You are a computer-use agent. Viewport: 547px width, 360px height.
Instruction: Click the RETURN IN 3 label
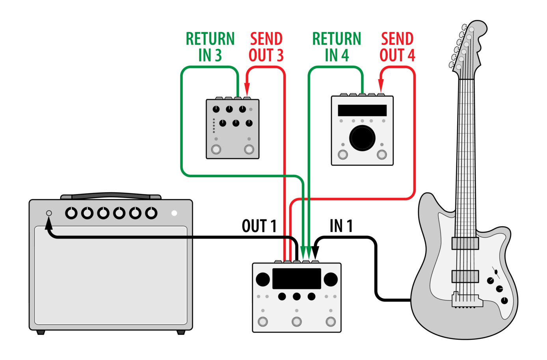210,46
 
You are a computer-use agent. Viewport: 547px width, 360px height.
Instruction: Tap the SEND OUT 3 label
266,46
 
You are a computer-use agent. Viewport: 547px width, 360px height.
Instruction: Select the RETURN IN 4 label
337,46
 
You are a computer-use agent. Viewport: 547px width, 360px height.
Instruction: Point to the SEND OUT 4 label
397,46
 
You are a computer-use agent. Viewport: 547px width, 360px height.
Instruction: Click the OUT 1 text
259,226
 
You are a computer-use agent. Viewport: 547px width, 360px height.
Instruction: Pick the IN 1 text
341,226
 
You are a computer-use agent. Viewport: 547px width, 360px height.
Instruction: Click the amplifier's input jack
49,213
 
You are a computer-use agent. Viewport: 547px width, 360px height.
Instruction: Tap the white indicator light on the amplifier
174,213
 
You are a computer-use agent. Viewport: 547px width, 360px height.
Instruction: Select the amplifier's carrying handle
111,195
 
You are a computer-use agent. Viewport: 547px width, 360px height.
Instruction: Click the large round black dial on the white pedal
362,138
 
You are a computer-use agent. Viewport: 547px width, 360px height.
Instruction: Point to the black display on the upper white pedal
362,111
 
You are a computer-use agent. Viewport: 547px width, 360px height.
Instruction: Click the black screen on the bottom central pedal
296,278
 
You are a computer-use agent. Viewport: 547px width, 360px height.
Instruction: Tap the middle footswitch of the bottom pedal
296,321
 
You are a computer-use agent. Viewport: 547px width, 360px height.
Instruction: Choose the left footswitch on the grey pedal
216,149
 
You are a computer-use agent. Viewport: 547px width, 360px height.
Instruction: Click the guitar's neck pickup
465,243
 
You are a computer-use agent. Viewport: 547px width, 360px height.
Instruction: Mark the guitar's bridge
467,299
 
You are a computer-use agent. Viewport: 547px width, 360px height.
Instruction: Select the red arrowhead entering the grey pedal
247,89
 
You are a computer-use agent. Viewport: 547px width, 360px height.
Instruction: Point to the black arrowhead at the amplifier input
48,223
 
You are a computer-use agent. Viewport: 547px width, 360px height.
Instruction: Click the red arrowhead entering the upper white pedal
381,86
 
